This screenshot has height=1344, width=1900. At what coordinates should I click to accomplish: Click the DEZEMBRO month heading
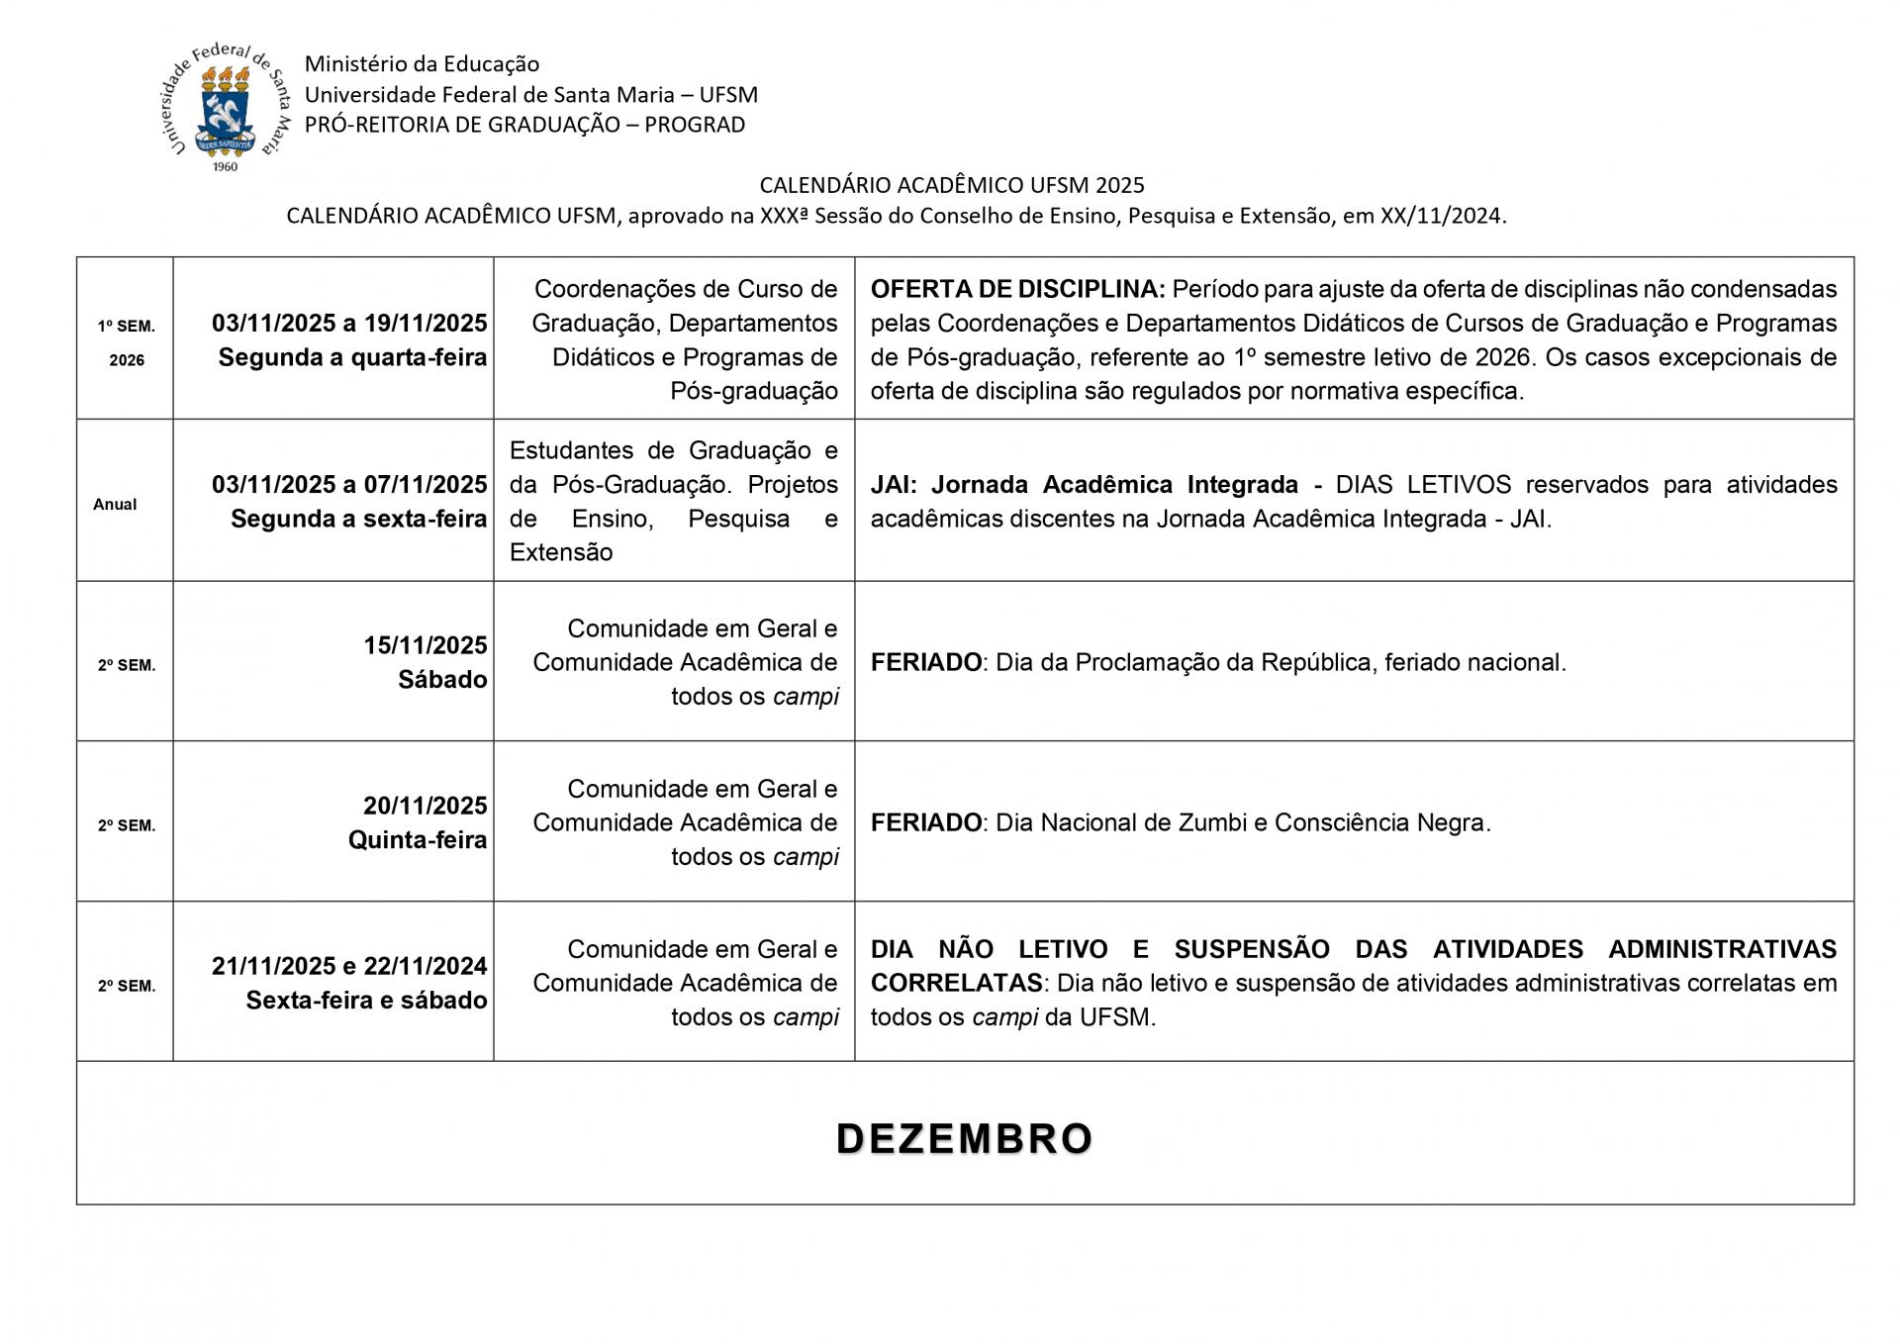coord(964,1138)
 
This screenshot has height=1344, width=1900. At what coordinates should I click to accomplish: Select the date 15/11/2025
coord(425,645)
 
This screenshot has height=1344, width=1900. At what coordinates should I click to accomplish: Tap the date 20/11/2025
coord(425,806)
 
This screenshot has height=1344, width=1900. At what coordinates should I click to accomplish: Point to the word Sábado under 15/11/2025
coord(442,680)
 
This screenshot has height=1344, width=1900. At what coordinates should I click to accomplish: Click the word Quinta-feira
coord(418,840)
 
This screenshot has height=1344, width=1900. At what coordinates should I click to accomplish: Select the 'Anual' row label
coord(115,504)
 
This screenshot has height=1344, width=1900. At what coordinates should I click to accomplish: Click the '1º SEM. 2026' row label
coord(126,342)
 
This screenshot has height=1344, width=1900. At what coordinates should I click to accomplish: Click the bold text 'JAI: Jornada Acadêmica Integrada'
coord(1084,485)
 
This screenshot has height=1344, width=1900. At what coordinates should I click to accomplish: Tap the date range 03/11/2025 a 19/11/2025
coord(349,323)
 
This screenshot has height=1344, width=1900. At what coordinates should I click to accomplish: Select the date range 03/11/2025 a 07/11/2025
coord(349,485)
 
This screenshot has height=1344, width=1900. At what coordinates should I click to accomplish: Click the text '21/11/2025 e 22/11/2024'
coord(349,966)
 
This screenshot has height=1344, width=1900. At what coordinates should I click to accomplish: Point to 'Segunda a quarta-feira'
coord(352,357)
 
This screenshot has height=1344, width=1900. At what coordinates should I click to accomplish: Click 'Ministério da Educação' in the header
coord(422,64)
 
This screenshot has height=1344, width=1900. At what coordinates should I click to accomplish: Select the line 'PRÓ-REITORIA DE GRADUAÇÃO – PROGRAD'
coord(524,125)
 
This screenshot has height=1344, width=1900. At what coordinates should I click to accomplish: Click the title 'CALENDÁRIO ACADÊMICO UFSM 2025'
coord(951,185)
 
